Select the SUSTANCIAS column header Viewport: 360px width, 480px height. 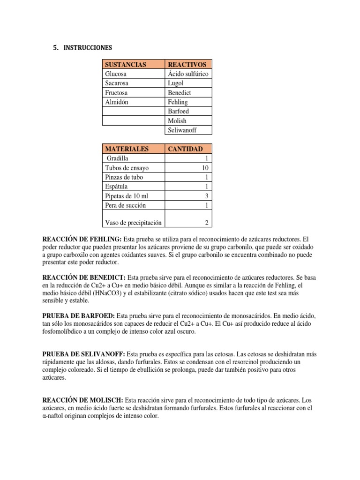point(126,64)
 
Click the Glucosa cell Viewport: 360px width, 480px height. point(116,74)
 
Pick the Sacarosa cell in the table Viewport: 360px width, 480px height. point(118,83)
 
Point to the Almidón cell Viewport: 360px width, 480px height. point(117,102)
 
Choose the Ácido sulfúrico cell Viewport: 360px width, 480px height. point(188,74)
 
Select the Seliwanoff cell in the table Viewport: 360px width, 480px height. point(182,130)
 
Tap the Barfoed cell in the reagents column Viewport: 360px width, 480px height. point(178,111)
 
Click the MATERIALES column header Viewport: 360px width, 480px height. point(127,149)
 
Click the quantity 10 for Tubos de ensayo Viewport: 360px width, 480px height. point(205,168)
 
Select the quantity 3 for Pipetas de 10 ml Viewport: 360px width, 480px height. point(207,196)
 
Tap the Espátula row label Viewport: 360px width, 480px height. point(117,187)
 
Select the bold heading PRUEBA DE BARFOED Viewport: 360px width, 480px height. point(78,316)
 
